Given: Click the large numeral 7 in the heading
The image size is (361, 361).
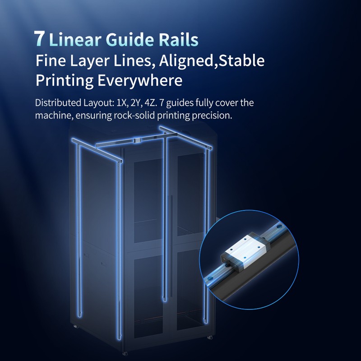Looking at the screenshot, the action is click(39, 38).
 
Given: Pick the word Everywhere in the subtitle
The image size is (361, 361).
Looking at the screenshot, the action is click(140, 81).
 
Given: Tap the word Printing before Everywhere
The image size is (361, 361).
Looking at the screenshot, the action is click(65, 81).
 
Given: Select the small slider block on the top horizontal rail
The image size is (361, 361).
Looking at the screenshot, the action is click(138, 140).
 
